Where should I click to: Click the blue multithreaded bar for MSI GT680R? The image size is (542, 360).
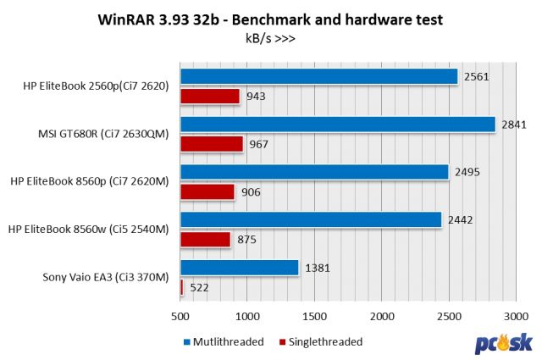point(337,125)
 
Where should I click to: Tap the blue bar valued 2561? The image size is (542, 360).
point(318,76)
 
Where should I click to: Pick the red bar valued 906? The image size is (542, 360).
point(207,192)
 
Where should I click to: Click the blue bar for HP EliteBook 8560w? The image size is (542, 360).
point(310,220)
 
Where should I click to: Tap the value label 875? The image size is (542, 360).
point(248,241)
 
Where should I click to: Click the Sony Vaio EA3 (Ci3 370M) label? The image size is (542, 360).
point(106,277)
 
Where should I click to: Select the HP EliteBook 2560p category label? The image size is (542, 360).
point(97,85)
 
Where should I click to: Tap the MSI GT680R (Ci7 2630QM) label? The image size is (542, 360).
point(102,133)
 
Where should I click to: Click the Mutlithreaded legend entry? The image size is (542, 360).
point(224,342)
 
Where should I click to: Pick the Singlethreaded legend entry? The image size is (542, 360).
point(320,342)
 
